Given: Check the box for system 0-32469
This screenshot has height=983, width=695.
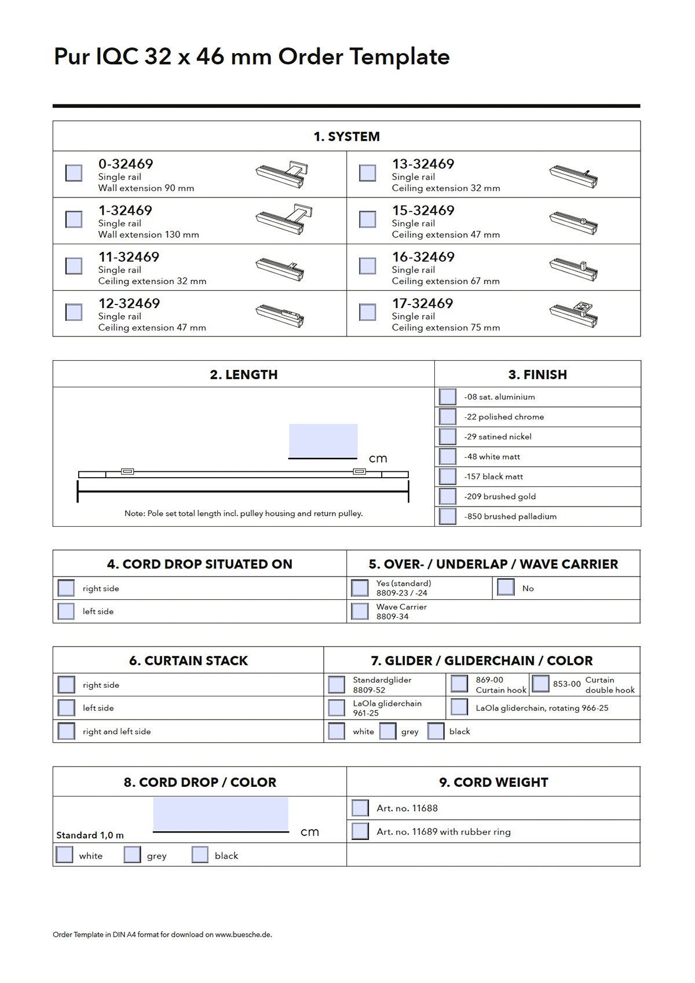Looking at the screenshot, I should tap(74, 173).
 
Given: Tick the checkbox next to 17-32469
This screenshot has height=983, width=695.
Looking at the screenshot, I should tap(368, 312).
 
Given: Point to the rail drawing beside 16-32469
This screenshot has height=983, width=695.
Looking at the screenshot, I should tap(573, 269).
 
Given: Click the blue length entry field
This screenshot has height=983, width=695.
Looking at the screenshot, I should tap(323, 441).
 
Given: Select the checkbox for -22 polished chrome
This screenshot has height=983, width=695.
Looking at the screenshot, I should tap(448, 417).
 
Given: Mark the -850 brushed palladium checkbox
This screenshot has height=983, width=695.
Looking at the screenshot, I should tap(448, 516).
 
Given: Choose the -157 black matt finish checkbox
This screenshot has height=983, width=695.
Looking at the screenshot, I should tap(448, 476).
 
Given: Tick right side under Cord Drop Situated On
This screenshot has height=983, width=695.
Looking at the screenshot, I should tap(67, 588).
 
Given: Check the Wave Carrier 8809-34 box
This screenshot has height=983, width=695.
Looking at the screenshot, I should tap(360, 611).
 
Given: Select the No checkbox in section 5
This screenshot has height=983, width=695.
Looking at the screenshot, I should tap(506, 587).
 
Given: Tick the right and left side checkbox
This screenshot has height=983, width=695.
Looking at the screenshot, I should tap(67, 731).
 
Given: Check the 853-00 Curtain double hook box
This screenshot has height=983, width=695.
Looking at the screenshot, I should tap(540, 684).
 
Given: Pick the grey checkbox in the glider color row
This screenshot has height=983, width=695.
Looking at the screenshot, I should tap(388, 731).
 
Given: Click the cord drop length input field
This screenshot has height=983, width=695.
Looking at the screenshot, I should tap(221, 814).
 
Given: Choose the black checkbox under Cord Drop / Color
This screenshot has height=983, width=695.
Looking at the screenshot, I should tap(200, 854).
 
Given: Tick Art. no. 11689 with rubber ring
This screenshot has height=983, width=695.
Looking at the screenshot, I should tap(360, 831).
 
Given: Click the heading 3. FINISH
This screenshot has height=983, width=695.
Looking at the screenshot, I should tap(537, 375).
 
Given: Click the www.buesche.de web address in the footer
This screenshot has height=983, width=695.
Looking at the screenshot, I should tap(243, 934).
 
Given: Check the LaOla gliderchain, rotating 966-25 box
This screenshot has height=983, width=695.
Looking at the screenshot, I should tap(459, 707).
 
